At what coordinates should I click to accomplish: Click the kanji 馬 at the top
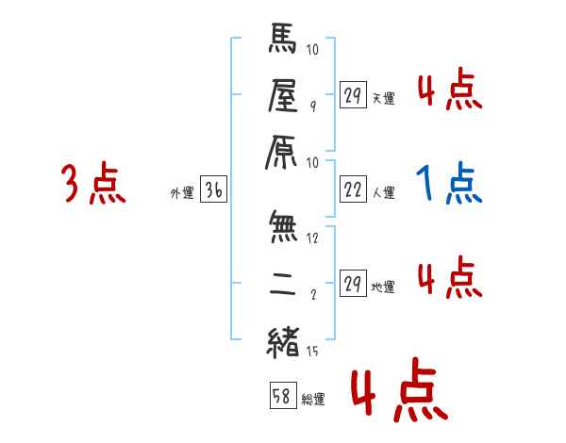point(284,42)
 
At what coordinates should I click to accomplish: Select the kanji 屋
point(284,94)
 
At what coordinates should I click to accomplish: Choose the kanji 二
point(284,282)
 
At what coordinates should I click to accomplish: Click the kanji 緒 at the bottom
point(284,338)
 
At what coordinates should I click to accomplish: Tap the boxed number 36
point(213,190)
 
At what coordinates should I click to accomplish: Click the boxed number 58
point(281,397)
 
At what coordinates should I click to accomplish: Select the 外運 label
point(181,193)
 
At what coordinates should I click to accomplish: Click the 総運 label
point(312,399)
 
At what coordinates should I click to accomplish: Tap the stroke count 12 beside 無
point(314,238)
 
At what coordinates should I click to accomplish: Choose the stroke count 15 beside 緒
point(313,351)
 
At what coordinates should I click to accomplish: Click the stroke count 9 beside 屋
point(312,107)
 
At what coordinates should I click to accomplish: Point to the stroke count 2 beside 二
point(312,294)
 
